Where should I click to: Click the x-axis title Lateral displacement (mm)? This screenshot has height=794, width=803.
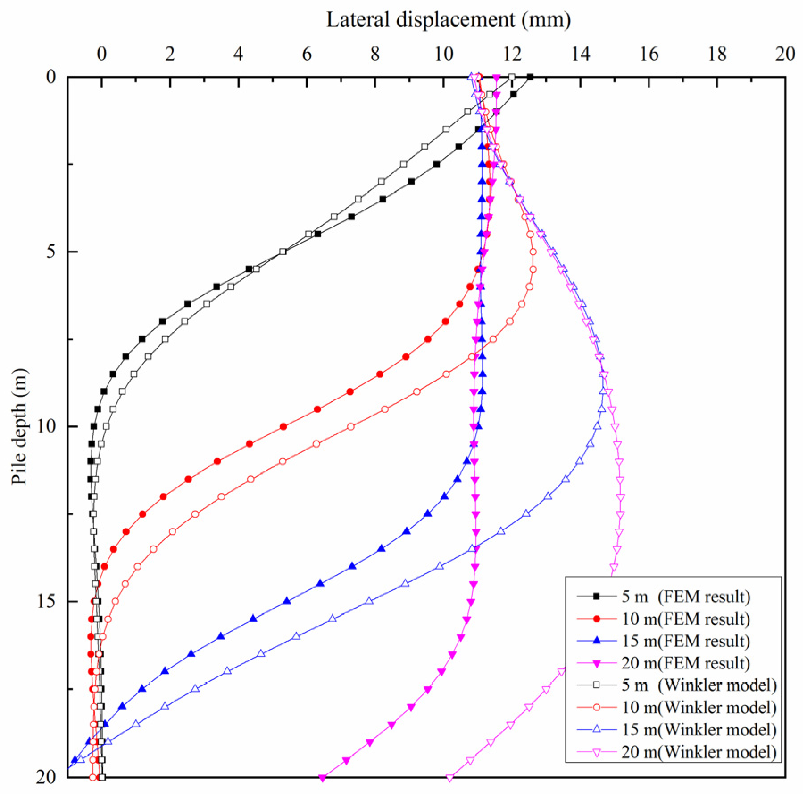[448, 20]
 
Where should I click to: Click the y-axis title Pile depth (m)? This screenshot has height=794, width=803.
[20, 426]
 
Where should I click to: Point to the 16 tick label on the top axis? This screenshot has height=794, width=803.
[649, 54]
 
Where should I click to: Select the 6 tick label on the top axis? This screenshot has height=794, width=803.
[307, 54]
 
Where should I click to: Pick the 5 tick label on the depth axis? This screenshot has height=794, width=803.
[51, 252]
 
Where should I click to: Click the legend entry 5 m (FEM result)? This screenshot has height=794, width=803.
[686, 596]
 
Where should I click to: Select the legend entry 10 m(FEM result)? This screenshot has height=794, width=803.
[686, 618]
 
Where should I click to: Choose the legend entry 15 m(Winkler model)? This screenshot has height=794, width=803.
[699, 729]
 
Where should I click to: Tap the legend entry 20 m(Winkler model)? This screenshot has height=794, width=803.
[699, 752]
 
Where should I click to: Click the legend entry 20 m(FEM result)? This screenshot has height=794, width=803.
[686, 663]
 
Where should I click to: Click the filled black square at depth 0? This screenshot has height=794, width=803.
[530, 77]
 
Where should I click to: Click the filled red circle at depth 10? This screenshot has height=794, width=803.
[283, 427]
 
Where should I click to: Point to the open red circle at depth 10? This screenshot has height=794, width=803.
[351, 427]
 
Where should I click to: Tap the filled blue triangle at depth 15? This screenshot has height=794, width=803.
[287, 601]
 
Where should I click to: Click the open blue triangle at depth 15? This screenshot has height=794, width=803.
[369, 601]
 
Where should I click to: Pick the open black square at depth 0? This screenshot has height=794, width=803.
[512, 77]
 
